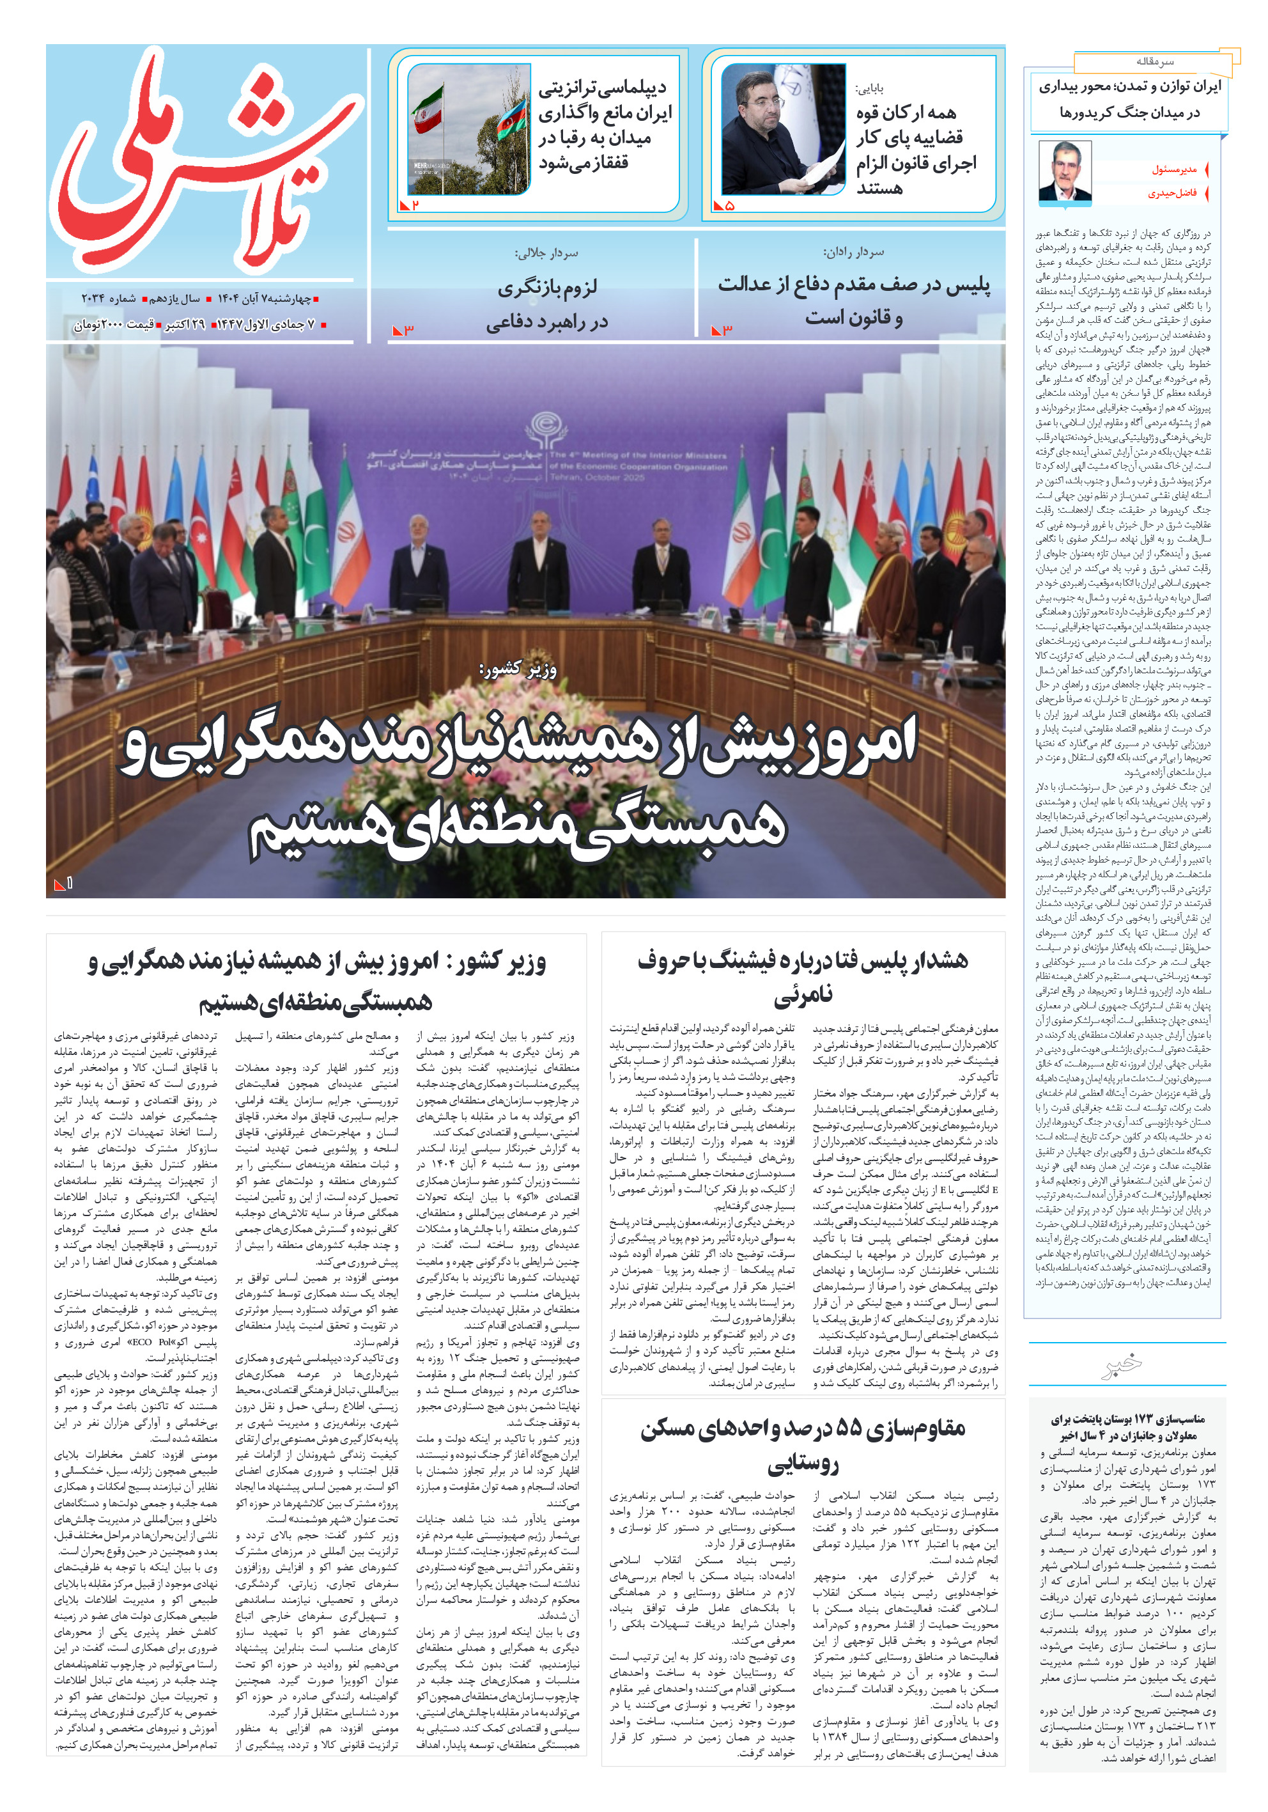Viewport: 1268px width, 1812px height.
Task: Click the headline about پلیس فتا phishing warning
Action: (803, 976)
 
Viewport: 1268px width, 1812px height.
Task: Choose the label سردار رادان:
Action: (854, 253)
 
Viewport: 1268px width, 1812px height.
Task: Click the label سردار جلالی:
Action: (547, 253)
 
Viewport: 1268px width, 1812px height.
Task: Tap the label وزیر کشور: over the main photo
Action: (518, 669)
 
